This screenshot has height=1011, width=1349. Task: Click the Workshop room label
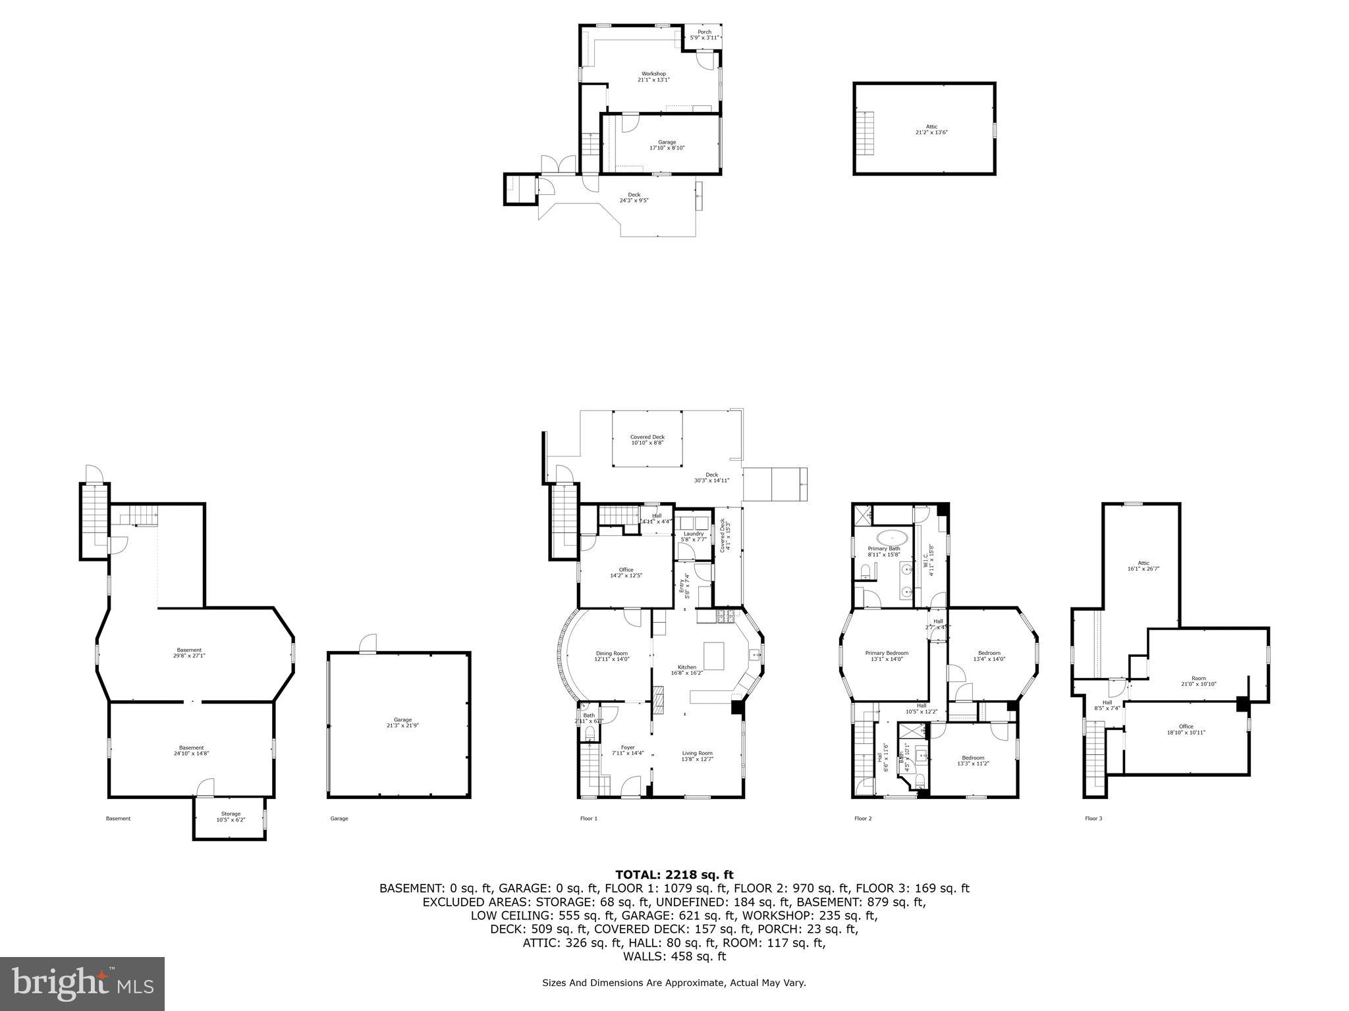point(653,76)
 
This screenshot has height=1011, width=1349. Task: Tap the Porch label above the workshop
point(704,35)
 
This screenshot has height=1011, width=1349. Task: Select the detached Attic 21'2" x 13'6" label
point(931,129)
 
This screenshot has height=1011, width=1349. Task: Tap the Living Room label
point(697,756)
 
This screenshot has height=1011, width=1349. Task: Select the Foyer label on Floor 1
point(628,750)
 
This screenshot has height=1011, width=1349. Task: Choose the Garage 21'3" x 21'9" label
point(398,723)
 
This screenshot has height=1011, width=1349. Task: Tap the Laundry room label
point(693,536)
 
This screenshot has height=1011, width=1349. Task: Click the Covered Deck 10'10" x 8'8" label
point(647,440)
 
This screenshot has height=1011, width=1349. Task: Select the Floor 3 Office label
point(1186,729)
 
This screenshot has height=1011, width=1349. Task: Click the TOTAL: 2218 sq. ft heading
point(674,874)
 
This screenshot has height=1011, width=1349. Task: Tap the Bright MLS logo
point(82,983)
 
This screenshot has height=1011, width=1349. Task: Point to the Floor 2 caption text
point(863,818)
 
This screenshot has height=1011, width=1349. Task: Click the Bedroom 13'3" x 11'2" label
point(972,760)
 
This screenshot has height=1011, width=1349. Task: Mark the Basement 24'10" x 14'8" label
point(191,750)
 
